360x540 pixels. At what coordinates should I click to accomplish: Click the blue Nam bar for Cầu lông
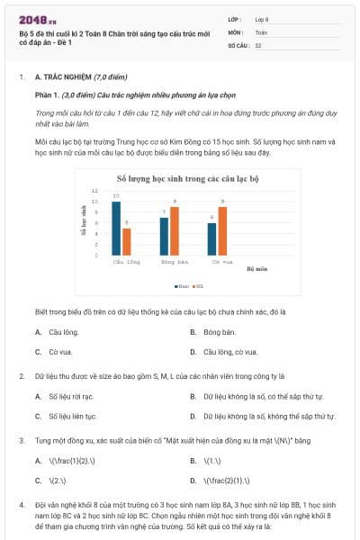pyautogui.click(x=116, y=217)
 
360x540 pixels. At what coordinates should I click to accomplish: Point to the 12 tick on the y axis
pyautogui.click(x=95, y=191)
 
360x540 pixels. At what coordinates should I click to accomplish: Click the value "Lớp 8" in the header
pyautogui.click(x=262, y=18)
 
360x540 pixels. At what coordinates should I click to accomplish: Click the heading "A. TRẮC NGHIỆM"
pyautogui.click(x=67, y=78)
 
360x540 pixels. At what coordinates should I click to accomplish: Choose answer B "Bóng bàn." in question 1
pyautogui.click(x=219, y=331)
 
